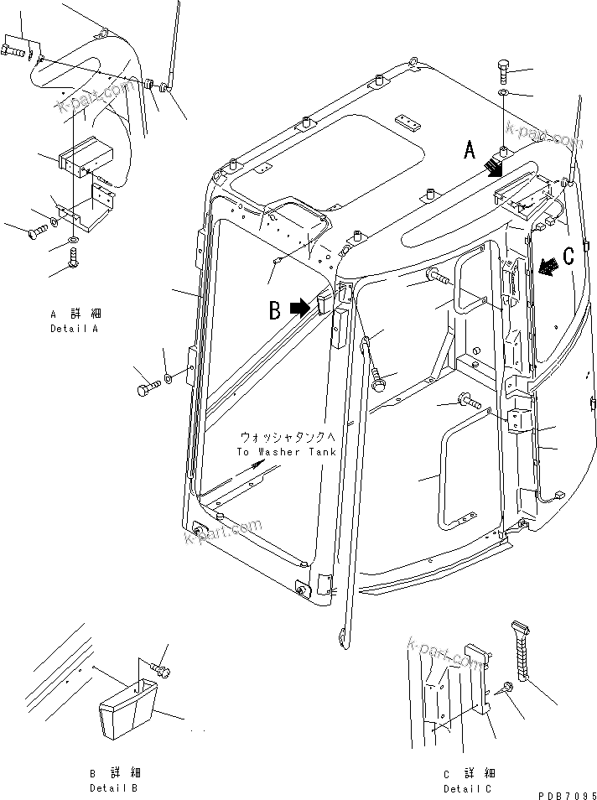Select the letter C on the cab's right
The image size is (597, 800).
tap(568, 257)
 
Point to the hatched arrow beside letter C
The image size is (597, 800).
tap(548, 266)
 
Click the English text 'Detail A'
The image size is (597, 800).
tap(74, 329)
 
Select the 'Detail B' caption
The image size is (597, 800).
tap(114, 788)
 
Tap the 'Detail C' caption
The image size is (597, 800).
tap(469, 788)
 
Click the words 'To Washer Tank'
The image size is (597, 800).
tap(286, 452)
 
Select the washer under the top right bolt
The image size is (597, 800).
tap(502, 91)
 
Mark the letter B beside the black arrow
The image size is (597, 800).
tap(274, 311)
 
